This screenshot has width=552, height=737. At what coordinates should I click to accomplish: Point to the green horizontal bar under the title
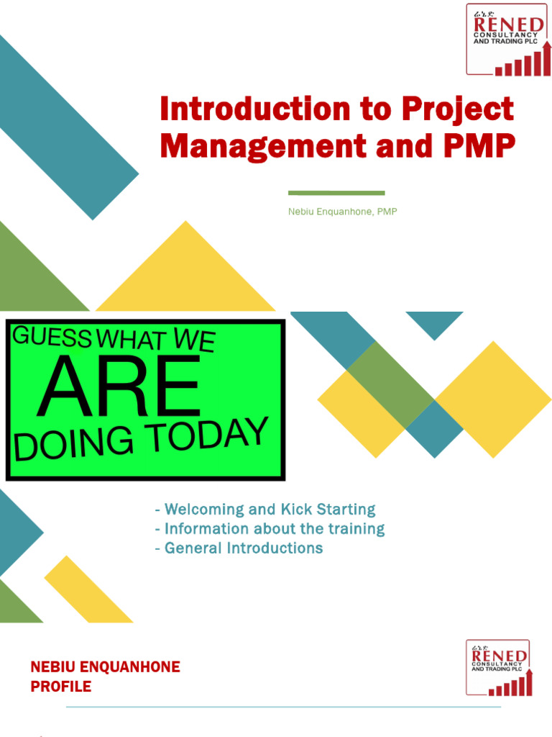(x=336, y=193)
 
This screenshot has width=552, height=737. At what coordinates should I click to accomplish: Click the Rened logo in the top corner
(x=509, y=40)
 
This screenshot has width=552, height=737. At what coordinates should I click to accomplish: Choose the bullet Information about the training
(x=270, y=529)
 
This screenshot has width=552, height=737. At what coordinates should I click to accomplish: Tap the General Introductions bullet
(x=239, y=548)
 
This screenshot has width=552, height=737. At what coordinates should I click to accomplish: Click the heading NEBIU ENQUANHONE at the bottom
(x=105, y=667)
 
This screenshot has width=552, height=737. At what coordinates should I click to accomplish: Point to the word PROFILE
(x=61, y=687)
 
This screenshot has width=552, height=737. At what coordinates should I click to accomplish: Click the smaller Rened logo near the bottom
(x=499, y=668)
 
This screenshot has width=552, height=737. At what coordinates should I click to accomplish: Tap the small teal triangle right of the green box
(x=434, y=323)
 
